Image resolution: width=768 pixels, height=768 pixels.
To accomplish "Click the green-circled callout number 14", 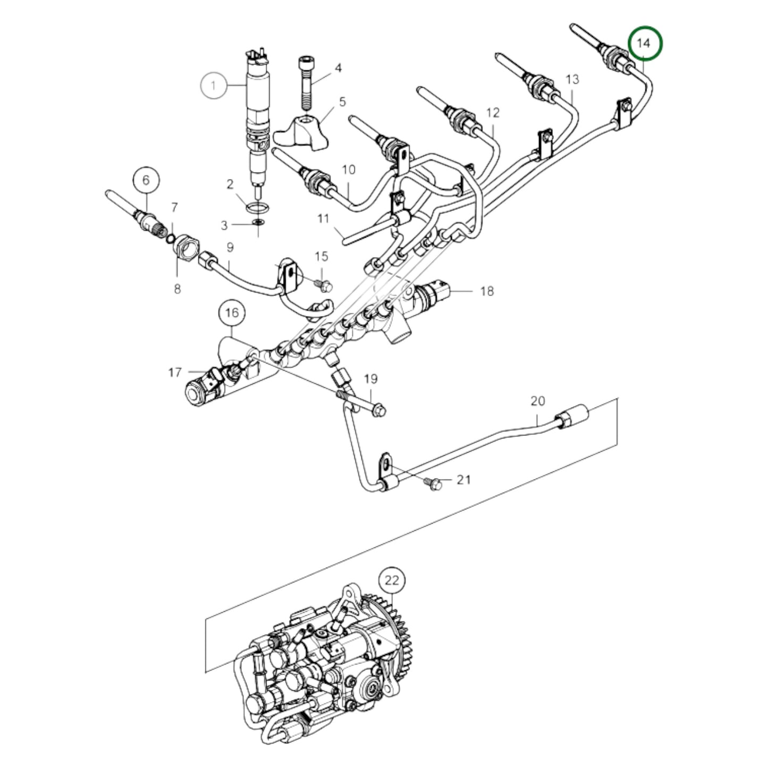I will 645,44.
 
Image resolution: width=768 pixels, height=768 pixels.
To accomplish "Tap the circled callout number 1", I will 214,85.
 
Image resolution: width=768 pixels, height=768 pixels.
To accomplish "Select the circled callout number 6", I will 146,180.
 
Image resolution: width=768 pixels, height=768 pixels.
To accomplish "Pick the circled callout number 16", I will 232,313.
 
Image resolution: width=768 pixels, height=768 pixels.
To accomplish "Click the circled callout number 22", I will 391,581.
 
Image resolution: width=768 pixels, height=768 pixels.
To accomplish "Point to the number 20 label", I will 538,401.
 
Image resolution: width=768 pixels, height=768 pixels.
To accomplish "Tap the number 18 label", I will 486,291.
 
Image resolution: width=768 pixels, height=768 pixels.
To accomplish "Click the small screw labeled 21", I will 433,483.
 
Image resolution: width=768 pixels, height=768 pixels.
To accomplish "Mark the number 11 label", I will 324,218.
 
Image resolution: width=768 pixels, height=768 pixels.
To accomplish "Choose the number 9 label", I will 230,247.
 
